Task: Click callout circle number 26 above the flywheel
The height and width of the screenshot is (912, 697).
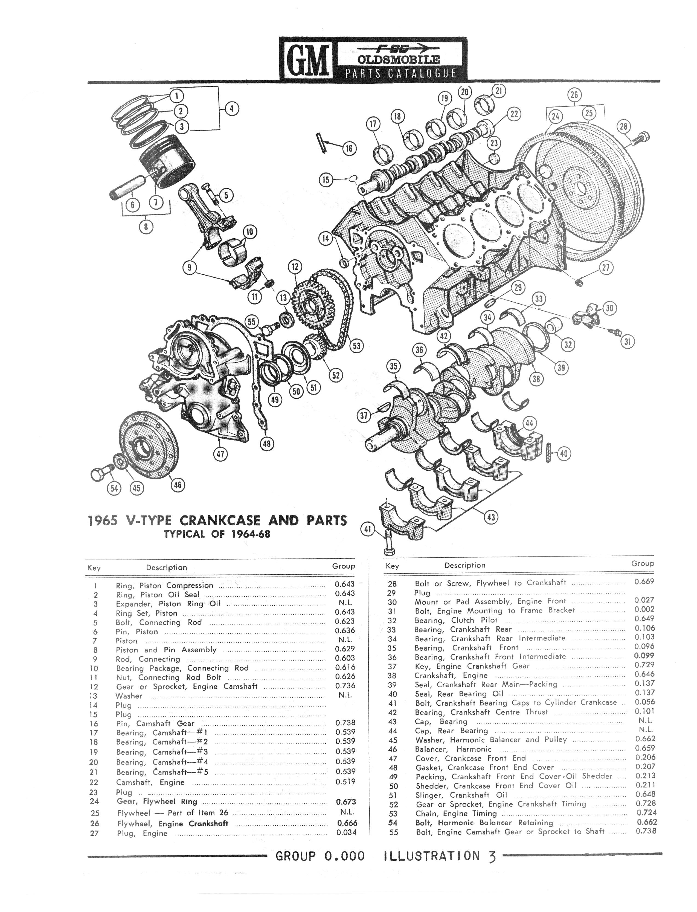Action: [x=574, y=95]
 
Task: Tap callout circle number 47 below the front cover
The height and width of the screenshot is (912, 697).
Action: [x=220, y=454]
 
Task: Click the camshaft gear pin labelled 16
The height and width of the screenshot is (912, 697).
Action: [x=321, y=142]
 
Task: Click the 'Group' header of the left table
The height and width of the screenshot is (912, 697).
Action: [x=343, y=566]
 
